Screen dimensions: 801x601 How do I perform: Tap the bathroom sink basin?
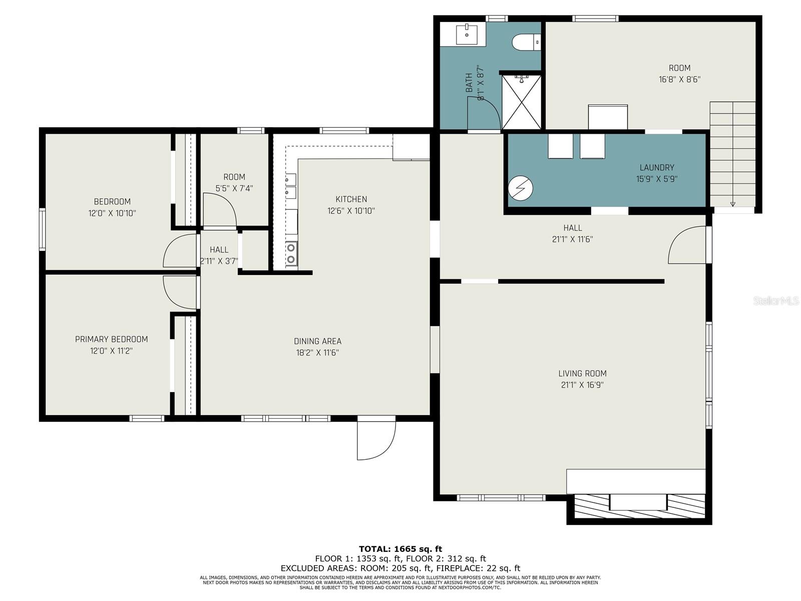(x=467, y=34)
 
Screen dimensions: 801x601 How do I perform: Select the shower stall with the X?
(x=522, y=102)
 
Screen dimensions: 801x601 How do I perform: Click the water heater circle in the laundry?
(x=520, y=188)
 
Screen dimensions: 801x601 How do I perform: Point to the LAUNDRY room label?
(x=656, y=167)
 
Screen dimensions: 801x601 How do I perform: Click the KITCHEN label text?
(x=351, y=199)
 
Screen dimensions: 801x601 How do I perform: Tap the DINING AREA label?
(x=317, y=341)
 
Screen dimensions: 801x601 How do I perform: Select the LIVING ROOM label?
(x=582, y=373)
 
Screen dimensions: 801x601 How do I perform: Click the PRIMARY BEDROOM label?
(x=111, y=340)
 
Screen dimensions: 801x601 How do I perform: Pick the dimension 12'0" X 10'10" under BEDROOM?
(x=112, y=213)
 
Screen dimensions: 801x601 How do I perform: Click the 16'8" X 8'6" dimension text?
(x=679, y=79)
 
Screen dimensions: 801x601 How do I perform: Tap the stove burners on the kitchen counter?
(x=291, y=253)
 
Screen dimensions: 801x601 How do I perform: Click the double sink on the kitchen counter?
(x=291, y=186)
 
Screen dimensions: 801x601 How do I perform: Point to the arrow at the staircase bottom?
(x=732, y=204)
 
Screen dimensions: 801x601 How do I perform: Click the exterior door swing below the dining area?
(x=376, y=438)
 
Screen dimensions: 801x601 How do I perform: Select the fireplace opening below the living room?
(x=638, y=502)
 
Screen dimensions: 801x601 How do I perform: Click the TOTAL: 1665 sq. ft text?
(x=400, y=549)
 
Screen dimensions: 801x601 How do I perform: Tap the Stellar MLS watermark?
(x=775, y=300)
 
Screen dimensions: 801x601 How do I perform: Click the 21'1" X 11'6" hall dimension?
(x=572, y=239)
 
